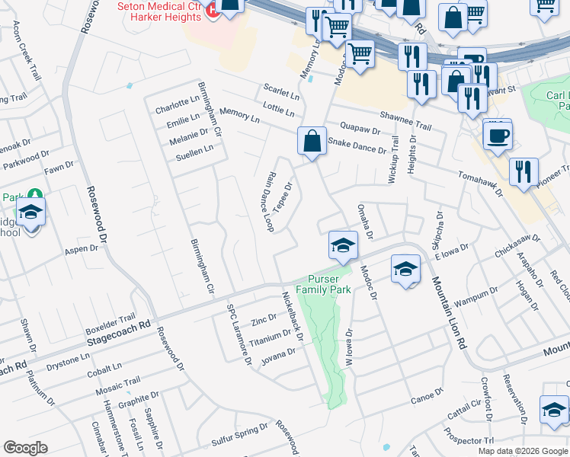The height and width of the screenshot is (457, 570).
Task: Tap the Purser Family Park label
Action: pos(329,284)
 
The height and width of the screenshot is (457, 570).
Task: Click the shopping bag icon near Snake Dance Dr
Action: pos(312,142)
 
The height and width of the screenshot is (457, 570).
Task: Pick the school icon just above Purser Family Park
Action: pos(343,246)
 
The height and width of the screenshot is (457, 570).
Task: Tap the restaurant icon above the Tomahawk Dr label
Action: pos(524,172)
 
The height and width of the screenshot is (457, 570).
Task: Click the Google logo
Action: pos(25,448)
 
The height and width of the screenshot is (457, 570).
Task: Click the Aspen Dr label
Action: pos(82,249)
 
